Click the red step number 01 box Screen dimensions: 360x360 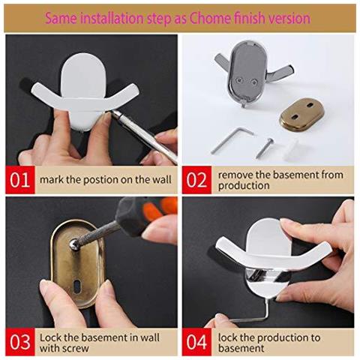pos(20,180)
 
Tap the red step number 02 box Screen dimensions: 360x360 pos(196,180)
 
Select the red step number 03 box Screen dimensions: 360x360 pos(20,342)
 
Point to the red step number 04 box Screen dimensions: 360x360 pos(196,342)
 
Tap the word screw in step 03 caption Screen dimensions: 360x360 pos(76,348)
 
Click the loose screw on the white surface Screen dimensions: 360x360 pos(265,148)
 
